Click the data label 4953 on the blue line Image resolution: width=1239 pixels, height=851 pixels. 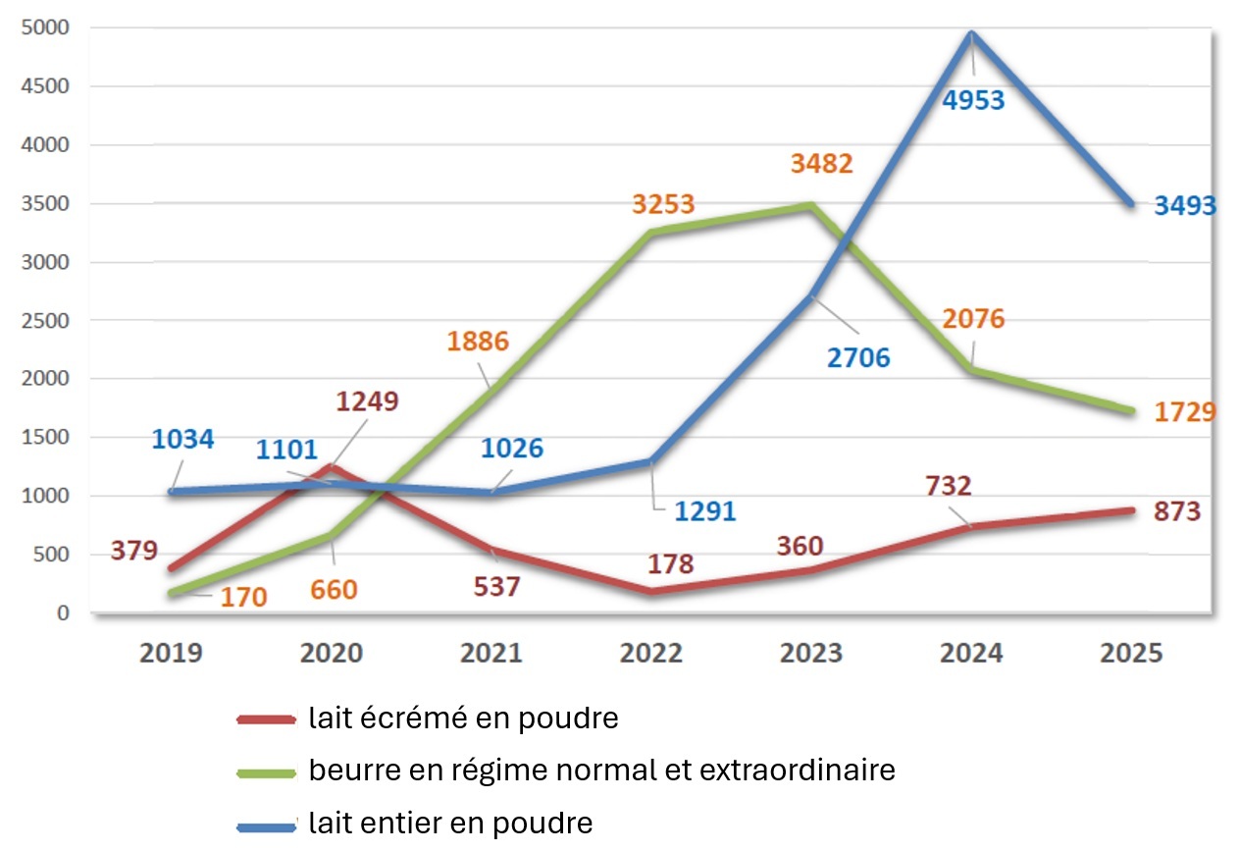click(x=973, y=100)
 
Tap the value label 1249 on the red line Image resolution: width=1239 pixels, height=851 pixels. click(x=368, y=401)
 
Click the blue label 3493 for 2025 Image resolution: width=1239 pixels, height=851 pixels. click(x=1184, y=206)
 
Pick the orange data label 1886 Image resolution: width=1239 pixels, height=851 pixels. click(x=477, y=342)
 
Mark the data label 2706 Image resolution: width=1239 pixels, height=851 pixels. click(x=857, y=357)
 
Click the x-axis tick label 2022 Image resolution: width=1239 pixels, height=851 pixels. click(x=651, y=653)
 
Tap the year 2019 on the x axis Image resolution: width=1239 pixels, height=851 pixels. click(x=171, y=653)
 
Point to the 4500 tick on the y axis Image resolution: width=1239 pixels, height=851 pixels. click(x=48, y=86)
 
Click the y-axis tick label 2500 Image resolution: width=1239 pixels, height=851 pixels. click(x=48, y=320)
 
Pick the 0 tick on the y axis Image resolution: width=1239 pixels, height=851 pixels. click(x=63, y=613)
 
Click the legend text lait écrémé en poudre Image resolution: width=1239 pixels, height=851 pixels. click(x=463, y=718)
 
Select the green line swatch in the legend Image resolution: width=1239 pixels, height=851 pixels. click(x=267, y=772)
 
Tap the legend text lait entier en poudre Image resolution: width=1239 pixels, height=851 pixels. click(x=450, y=823)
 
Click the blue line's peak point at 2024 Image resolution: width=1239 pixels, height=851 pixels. click(x=971, y=35)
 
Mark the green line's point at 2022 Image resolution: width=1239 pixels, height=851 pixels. click(x=651, y=233)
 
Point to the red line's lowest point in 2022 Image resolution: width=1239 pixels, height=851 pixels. click(x=651, y=591)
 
